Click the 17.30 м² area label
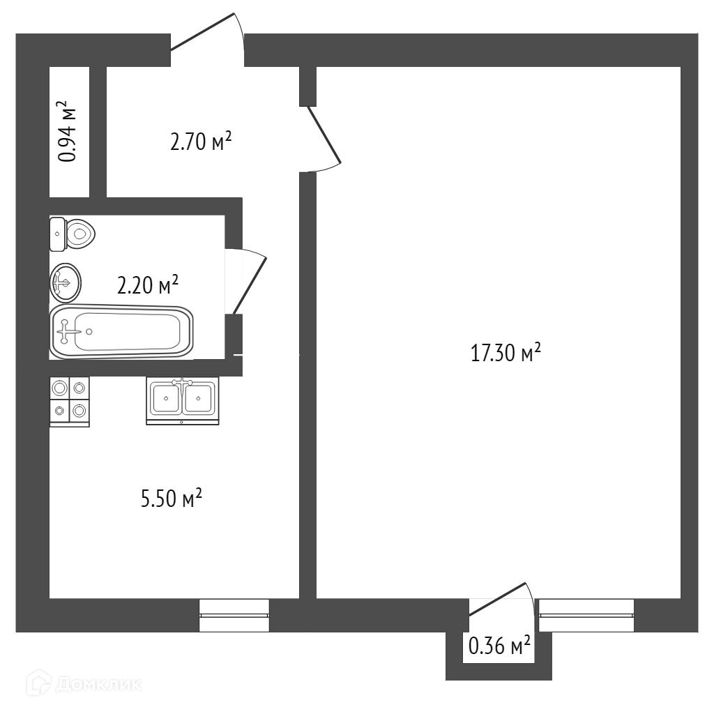(x=506, y=352)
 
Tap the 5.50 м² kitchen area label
(x=172, y=498)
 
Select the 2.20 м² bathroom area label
(x=148, y=284)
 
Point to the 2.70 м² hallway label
(x=201, y=141)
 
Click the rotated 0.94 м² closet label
(x=68, y=131)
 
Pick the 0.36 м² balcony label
(x=499, y=645)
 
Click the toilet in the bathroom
(x=72, y=234)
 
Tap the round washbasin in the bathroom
(x=65, y=283)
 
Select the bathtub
(x=121, y=332)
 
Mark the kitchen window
(x=234, y=615)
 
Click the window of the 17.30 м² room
(x=586, y=615)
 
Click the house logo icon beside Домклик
(x=38, y=683)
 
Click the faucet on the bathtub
(x=64, y=331)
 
